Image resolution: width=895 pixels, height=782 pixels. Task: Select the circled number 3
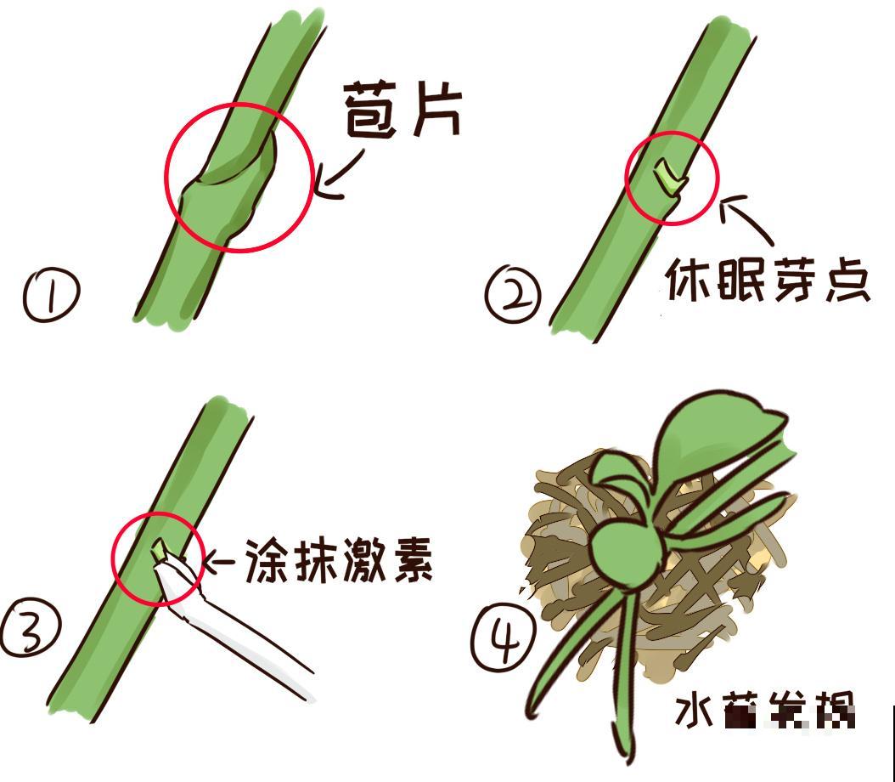30,630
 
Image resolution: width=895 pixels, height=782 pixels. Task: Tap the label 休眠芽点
767,280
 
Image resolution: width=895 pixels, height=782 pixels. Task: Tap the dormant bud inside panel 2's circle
668,178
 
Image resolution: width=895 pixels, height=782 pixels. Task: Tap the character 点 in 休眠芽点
843,280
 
